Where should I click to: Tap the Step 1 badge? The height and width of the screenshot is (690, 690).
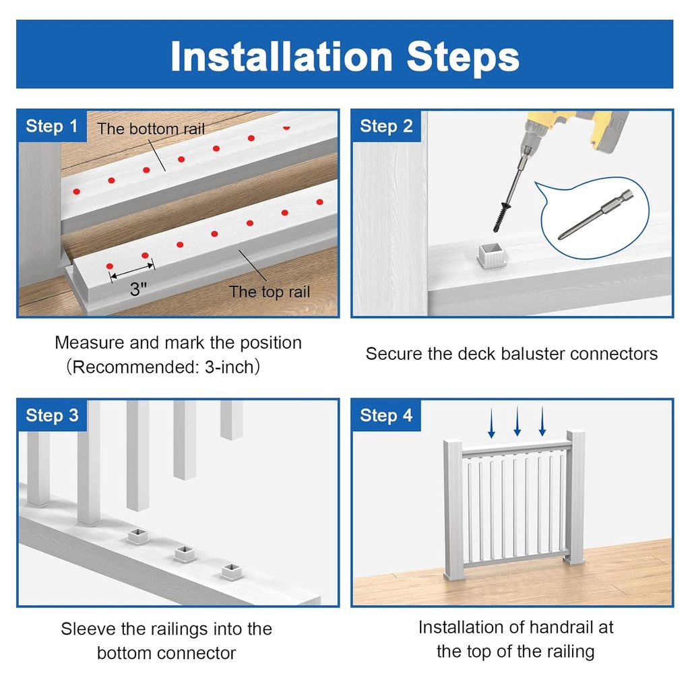[x=52, y=126]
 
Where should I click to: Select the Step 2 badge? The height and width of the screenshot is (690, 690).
[x=386, y=126]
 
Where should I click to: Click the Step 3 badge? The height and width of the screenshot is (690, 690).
[x=52, y=416]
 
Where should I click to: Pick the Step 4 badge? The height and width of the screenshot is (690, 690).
[x=386, y=416]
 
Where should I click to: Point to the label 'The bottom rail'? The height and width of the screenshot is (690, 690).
[x=151, y=129]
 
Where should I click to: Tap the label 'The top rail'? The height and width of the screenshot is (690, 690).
[x=270, y=292]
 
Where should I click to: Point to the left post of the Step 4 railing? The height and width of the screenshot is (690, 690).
[x=453, y=509]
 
